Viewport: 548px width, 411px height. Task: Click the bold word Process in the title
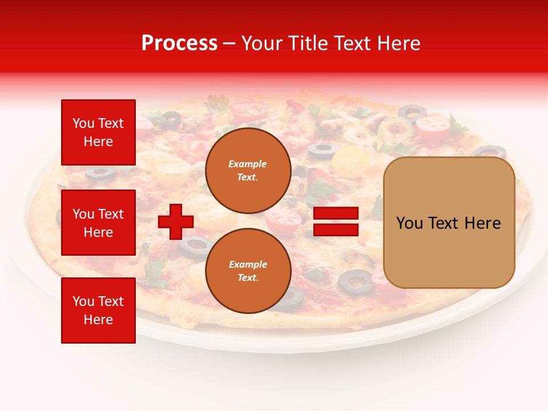point(179,43)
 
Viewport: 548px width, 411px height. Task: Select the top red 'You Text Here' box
point(98,132)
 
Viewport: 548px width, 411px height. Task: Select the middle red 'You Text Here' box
point(98,223)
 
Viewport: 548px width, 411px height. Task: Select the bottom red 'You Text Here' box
point(98,310)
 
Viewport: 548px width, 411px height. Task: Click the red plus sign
point(176,221)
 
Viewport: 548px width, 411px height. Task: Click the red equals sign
point(336,221)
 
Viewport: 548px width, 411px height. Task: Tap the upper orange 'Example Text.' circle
point(248,170)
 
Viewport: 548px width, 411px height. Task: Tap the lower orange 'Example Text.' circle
point(248,271)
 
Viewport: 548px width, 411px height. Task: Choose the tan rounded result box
point(449,223)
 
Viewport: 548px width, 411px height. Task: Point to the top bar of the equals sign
point(336,213)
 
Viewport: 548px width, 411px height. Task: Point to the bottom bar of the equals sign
point(336,229)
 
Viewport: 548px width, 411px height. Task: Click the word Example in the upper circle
point(248,164)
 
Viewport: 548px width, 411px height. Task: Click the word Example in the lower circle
point(248,264)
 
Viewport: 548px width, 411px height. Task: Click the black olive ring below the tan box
point(356,281)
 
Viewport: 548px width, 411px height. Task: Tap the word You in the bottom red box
point(83,301)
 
